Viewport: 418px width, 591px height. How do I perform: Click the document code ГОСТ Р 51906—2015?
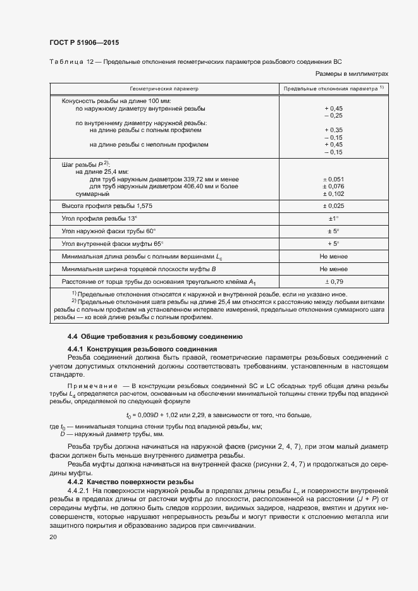pyautogui.click(x=84, y=43)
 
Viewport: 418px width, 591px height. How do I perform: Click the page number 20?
pyautogui.click(x=53, y=537)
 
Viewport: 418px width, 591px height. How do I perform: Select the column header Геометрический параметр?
pyautogui.click(x=164, y=88)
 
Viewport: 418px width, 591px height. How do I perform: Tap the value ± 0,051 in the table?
pyautogui.click(x=333, y=179)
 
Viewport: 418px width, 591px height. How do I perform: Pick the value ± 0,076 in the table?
pyautogui.click(x=333, y=186)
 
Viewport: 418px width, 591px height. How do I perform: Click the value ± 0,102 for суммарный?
pyautogui.click(x=333, y=194)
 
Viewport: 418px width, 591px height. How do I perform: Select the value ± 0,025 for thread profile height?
pyautogui.click(x=333, y=206)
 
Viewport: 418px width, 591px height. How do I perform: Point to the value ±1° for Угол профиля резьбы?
pyautogui.click(x=333, y=219)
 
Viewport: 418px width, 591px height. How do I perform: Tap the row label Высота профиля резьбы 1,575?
pyautogui.click(x=107, y=206)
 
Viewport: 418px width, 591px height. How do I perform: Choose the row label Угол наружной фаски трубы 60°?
pyautogui.click(x=108, y=231)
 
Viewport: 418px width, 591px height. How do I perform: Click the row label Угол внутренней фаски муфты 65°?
pyautogui.click(x=112, y=243)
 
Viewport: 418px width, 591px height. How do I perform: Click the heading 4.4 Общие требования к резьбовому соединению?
pyautogui.click(x=154, y=336)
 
